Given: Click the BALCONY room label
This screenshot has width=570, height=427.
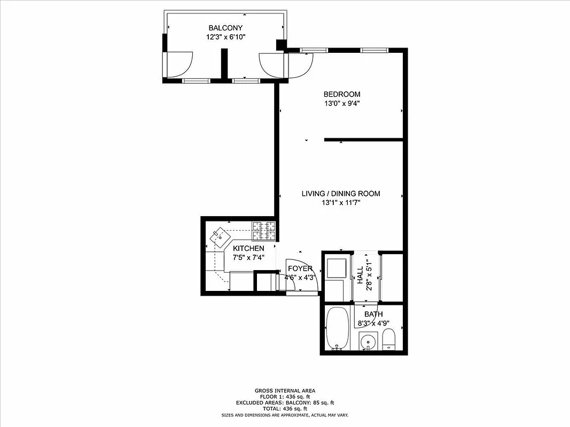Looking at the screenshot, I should [x=225, y=28].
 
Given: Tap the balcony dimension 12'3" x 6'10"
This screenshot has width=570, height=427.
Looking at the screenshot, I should [x=225, y=37].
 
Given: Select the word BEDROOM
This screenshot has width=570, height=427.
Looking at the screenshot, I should [x=341, y=94].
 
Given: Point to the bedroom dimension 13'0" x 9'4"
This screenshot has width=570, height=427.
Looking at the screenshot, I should [x=341, y=104].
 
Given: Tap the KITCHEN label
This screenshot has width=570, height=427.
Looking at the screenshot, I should [x=248, y=249].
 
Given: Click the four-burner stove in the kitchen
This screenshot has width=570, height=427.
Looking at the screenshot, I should [x=264, y=231].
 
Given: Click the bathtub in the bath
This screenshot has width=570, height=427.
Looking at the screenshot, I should [x=337, y=328].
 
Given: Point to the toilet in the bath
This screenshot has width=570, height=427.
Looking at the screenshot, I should [x=389, y=339].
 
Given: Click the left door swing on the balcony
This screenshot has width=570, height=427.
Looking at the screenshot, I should [x=178, y=64].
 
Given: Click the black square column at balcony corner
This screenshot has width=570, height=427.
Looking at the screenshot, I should [x=280, y=45].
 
